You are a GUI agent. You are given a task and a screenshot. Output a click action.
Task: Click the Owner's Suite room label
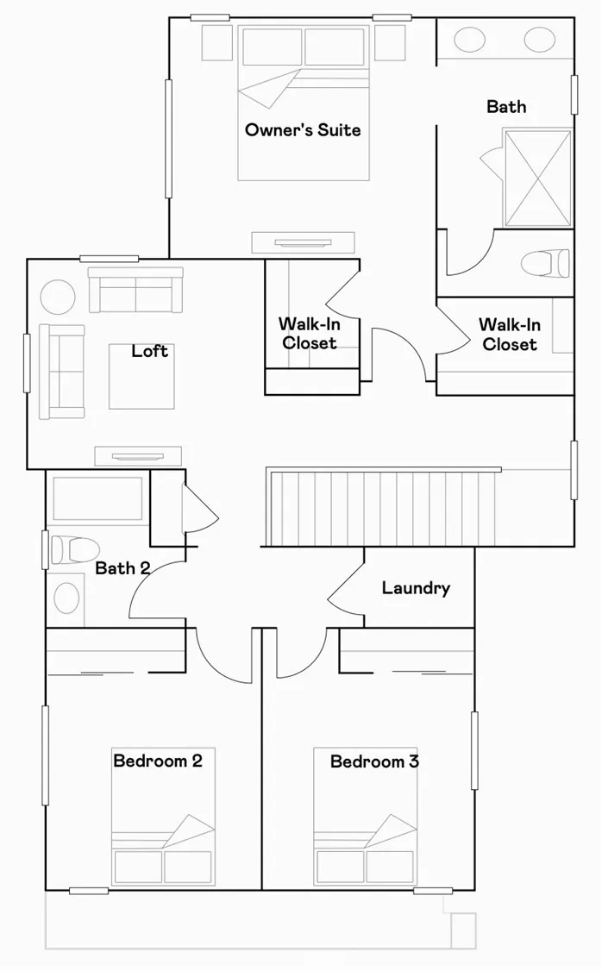[303, 130]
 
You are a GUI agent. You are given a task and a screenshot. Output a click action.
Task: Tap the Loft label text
[149, 351]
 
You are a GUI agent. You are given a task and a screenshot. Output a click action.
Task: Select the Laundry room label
[416, 588]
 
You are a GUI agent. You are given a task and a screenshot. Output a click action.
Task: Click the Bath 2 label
[122, 568]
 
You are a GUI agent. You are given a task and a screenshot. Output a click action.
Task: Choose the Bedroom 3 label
[374, 761]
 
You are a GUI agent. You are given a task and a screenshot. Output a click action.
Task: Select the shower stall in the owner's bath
[537, 178]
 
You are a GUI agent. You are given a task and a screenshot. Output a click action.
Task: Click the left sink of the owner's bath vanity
[469, 41]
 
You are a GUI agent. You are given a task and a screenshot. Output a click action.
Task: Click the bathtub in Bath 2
[97, 498]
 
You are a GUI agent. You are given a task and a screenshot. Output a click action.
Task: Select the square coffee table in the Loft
[141, 376]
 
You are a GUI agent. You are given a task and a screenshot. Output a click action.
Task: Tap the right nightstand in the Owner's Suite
[390, 41]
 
